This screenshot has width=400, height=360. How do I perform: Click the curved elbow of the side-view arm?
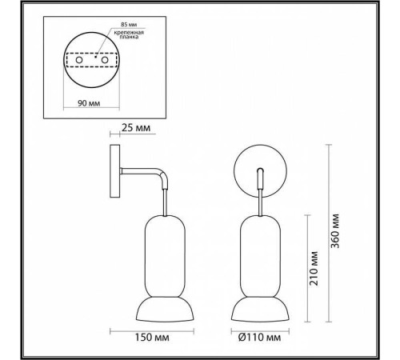pos(162,175)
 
